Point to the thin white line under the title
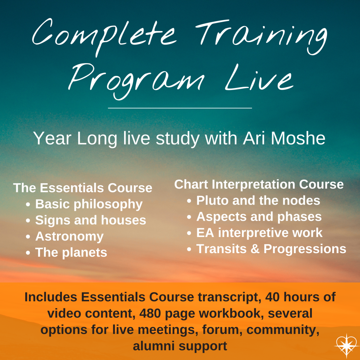pyautogui.click(x=180, y=108)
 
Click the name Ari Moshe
pyautogui.click(x=284, y=138)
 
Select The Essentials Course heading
pyautogui.click(x=83, y=188)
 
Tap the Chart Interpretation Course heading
pyautogui.click(x=259, y=184)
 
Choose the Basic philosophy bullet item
pyautogui.click(x=89, y=204)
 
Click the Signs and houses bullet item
pyautogui.click(x=91, y=220)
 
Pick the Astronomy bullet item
pyautogui.click(x=69, y=237)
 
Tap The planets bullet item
pyautogui.click(x=71, y=252)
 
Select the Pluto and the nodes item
pyautogui.click(x=258, y=200)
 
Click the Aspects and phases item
pyautogui.click(x=259, y=217)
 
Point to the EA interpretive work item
pyautogui.click(x=259, y=233)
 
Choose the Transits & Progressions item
pyautogui.click(x=271, y=249)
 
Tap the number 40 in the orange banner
pyautogui.click(x=272, y=297)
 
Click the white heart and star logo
pyautogui.click(x=346, y=345)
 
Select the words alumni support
pyautogui.click(x=180, y=346)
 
